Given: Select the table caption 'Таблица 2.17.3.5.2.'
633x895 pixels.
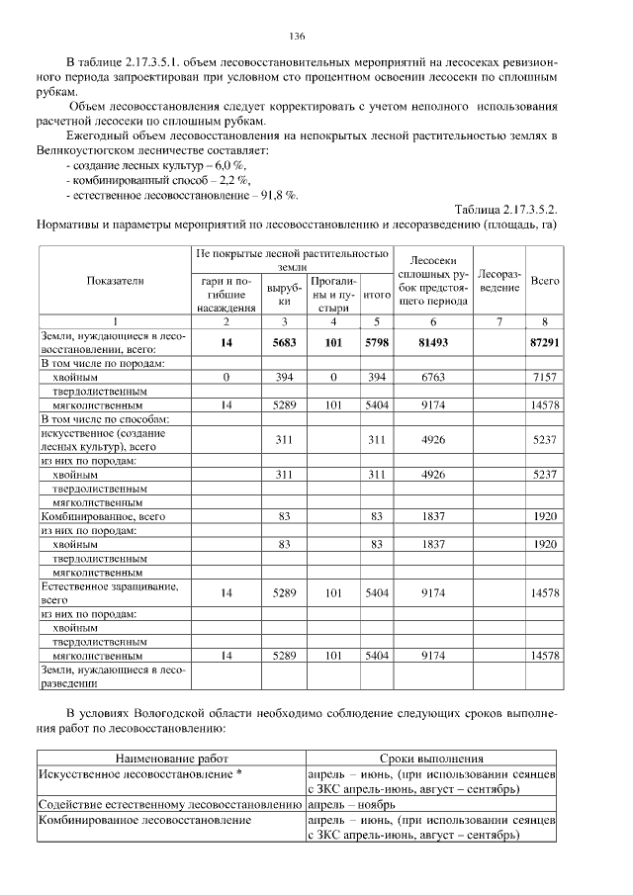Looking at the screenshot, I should point(505,209).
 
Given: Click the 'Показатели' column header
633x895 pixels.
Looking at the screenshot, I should point(115,281).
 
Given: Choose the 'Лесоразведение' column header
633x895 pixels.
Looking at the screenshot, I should point(499,280).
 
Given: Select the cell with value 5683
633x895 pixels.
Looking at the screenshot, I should point(284,342).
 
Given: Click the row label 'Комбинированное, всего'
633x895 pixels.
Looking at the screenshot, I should point(102,516).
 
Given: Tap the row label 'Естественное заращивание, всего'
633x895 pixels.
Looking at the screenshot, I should point(109,592).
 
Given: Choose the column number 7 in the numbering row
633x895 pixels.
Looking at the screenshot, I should point(499,321).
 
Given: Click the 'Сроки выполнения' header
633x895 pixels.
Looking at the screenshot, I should point(431,759).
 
